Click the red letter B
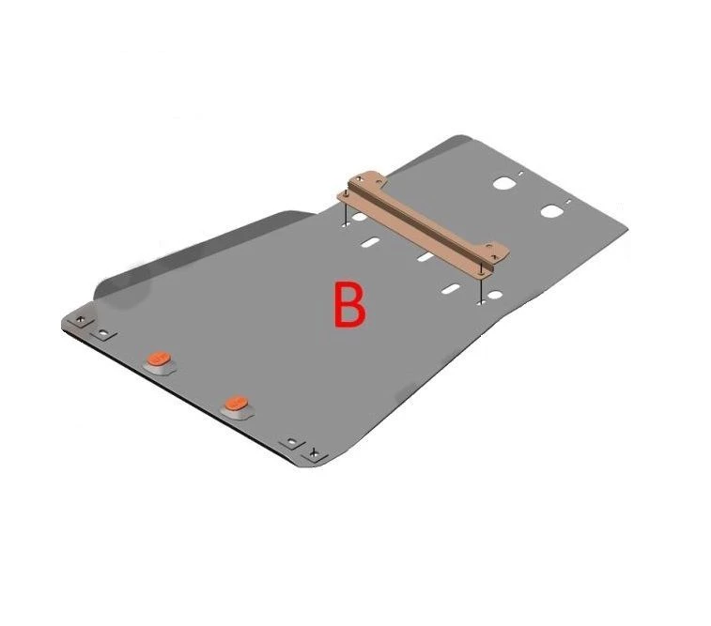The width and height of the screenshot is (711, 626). (x=349, y=304)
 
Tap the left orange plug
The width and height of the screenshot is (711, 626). (x=159, y=358)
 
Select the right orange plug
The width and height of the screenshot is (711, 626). (x=237, y=402)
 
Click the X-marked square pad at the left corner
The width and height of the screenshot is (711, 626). (x=81, y=321)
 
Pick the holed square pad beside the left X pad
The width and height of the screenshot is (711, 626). (x=104, y=335)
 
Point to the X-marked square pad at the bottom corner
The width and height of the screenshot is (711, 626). (x=315, y=452)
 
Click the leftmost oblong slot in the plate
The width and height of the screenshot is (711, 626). (x=370, y=242)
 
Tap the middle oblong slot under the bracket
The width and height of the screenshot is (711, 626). (x=425, y=257)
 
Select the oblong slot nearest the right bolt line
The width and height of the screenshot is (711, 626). (x=451, y=289)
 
